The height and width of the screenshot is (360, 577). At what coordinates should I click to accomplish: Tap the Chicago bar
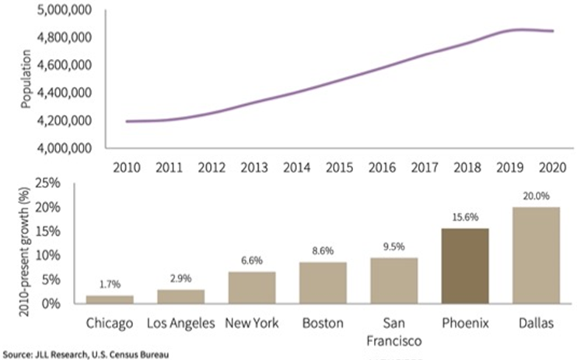109,299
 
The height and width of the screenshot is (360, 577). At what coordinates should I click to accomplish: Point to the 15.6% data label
464,218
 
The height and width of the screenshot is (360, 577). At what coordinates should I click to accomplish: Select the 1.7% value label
109,285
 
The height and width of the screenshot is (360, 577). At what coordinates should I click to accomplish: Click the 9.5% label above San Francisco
393,247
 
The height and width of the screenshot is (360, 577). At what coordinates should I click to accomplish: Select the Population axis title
27,78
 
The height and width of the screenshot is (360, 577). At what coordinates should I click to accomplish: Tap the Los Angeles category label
180,322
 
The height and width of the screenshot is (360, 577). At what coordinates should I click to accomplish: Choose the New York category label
251,322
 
